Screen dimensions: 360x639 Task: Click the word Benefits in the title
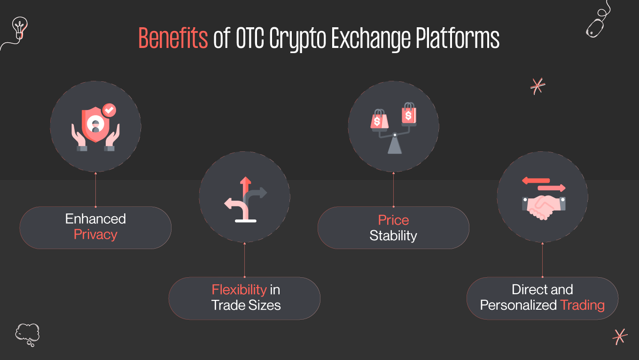click(173, 39)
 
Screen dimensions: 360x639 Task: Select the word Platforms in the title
click(458, 39)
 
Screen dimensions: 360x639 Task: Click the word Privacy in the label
click(95, 235)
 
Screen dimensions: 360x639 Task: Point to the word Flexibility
click(239, 290)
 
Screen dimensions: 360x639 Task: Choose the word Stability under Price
click(393, 235)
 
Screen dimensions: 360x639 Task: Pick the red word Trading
click(583, 305)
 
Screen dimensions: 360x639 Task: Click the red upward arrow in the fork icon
click(245, 188)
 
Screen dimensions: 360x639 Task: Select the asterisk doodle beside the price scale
click(537, 86)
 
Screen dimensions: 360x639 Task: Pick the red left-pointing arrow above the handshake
click(536, 180)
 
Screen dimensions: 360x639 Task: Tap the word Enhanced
click(95, 219)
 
